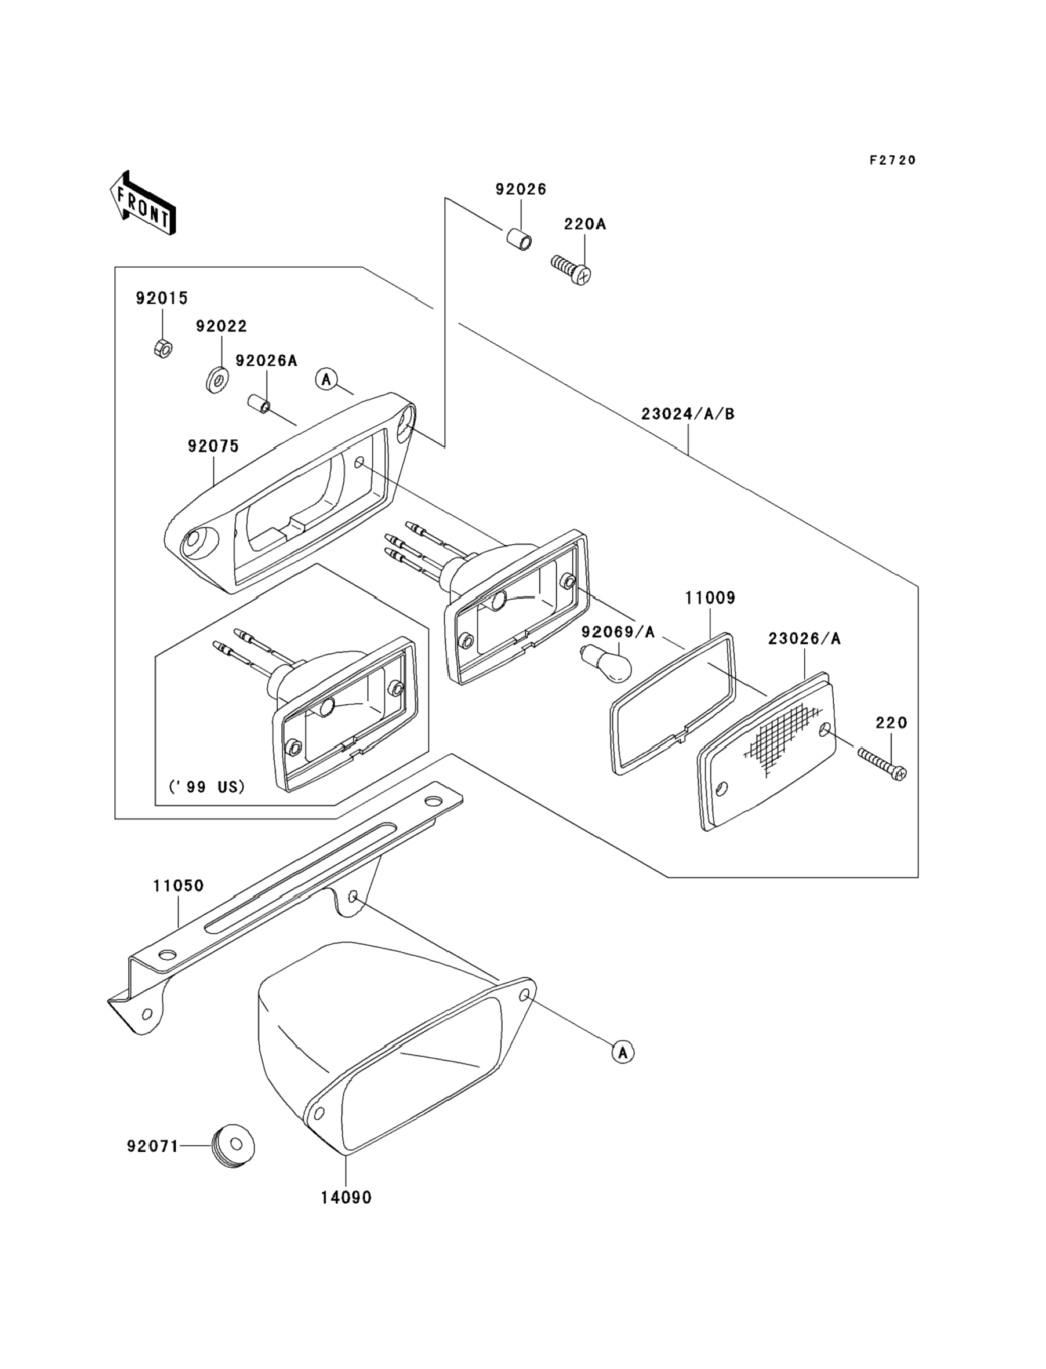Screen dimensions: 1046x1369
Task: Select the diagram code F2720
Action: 892,160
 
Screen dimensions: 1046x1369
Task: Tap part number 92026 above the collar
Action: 521,189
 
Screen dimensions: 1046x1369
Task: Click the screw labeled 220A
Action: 571,271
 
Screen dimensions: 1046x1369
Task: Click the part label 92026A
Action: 266,361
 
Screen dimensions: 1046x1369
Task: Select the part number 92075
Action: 213,446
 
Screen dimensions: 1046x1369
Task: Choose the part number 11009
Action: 710,598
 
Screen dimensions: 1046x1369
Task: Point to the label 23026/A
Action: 804,639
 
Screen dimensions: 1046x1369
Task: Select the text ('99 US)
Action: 207,787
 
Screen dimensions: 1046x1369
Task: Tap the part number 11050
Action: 179,885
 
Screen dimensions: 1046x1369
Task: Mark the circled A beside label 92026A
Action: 326,378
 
